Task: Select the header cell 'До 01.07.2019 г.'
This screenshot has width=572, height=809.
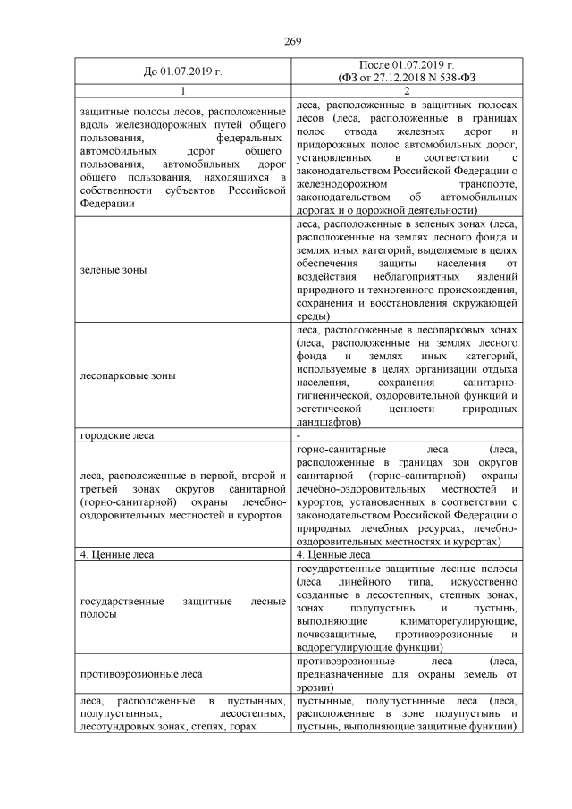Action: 182,72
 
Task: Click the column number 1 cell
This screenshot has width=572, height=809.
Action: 182,91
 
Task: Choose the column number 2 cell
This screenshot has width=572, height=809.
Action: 407,91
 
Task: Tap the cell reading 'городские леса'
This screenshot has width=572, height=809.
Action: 117,435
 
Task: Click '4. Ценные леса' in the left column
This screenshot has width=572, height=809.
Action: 116,554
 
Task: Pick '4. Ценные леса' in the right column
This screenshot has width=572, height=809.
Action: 332,554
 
